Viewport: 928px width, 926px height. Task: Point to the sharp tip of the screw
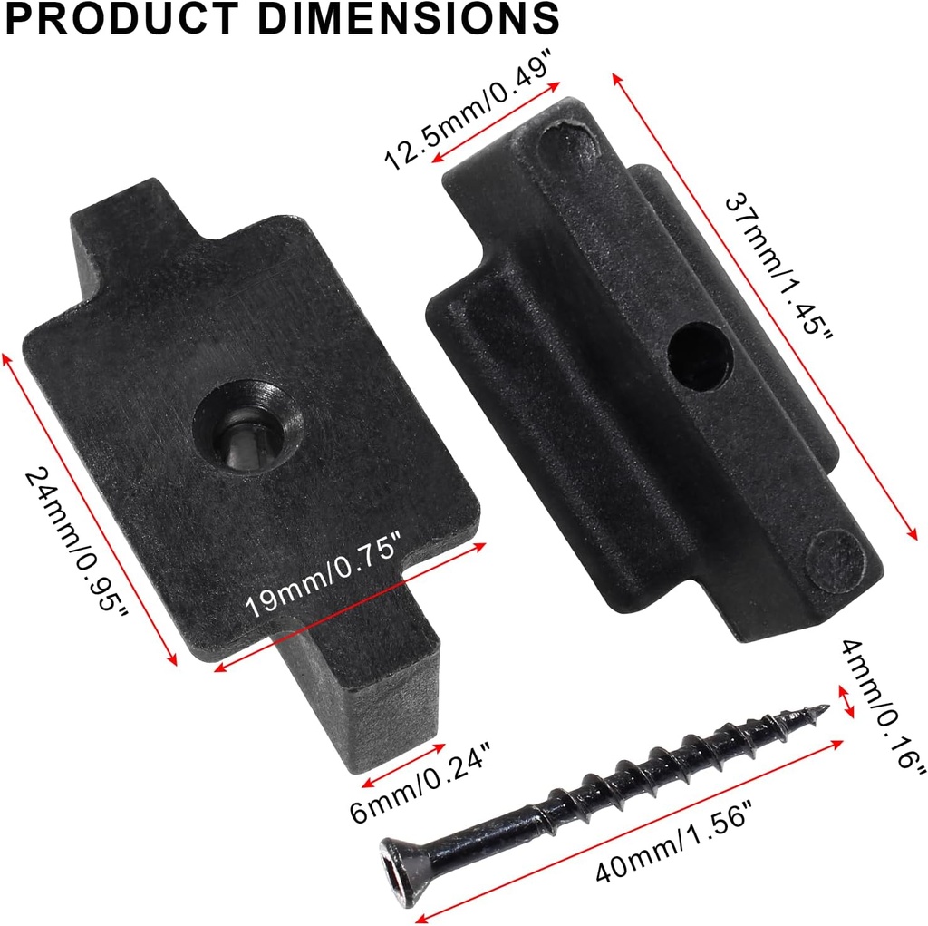coord(823,707)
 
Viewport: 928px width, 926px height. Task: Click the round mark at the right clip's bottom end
coord(836,558)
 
